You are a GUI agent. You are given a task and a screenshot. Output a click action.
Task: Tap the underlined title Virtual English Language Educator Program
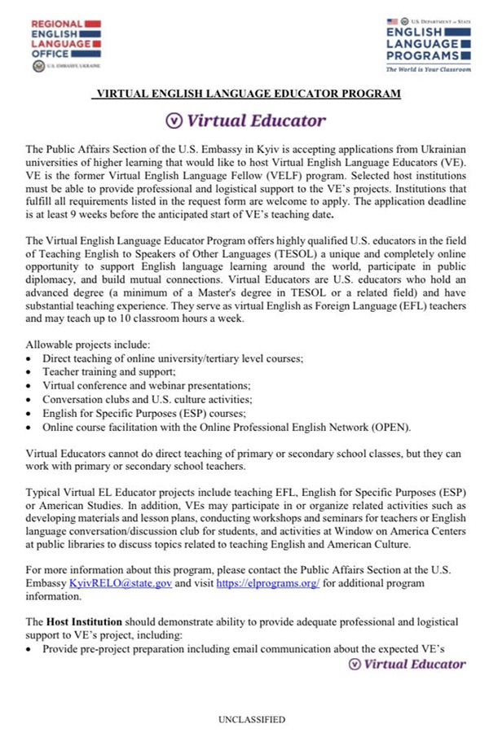point(248,94)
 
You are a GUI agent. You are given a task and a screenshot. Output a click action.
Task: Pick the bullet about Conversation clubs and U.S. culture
point(148,399)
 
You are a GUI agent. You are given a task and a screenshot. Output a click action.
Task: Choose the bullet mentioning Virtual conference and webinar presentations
point(147,384)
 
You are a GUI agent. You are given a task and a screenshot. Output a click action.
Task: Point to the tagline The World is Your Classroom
point(429,70)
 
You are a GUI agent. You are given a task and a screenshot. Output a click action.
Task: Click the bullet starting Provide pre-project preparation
point(240,649)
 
